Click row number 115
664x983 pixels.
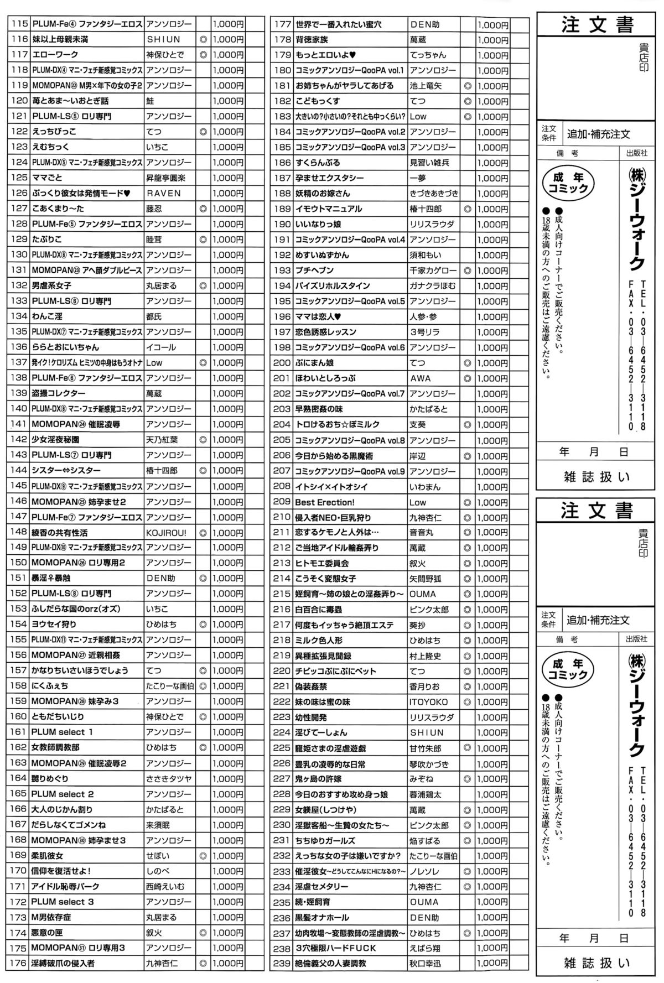click(x=19, y=24)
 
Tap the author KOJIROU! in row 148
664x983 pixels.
click(x=166, y=533)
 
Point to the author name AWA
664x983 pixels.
click(x=420, y=378)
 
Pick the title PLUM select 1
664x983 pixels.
click(x=62, y=732)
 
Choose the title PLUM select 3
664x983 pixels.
click(x=63, y=902)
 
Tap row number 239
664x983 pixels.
click(x=282, y=963)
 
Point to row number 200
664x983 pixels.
click(x=282, y=363)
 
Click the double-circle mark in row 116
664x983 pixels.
click(x=203, y=40)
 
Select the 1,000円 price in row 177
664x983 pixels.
click(x=492, y=25)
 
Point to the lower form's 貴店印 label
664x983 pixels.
click(x=644, y=543)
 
